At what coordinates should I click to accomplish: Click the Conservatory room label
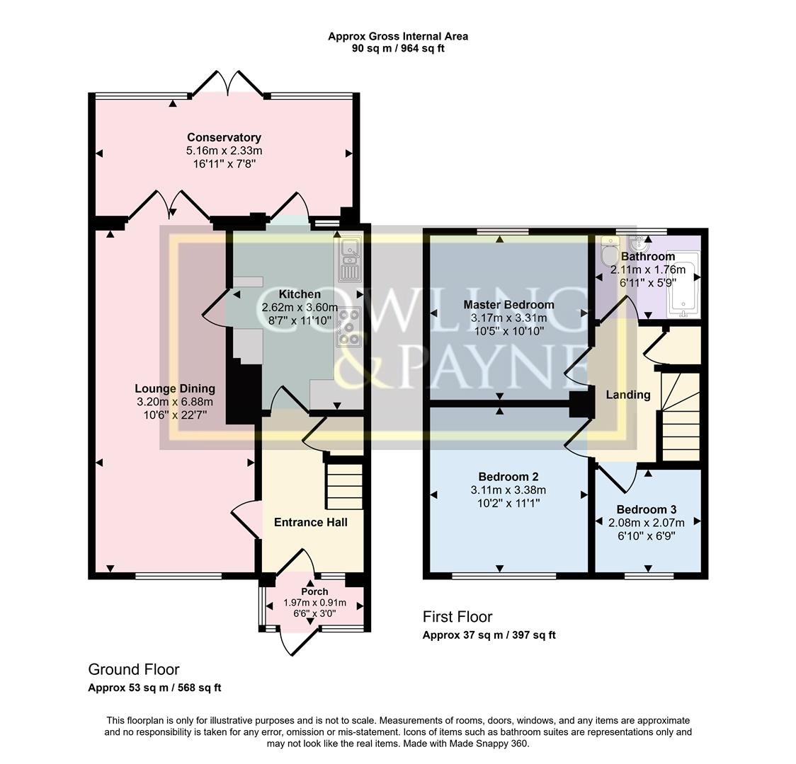click(x=224, y=137)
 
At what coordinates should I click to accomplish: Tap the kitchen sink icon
click(x=350, y=258)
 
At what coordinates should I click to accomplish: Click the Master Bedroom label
click(x=508, y=305)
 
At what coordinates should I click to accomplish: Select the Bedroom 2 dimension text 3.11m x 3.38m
click(x=508, y=490)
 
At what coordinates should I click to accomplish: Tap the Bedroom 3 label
click(x=646, y=509)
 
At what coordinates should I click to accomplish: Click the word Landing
click(x=627, y=395)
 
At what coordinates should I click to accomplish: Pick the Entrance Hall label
click(x=310, y=523)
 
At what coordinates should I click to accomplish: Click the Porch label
click(x=314, y=591)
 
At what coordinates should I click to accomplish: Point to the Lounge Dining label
click(x=175, y=388)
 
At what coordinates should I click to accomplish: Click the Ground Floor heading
click(x=134, y=669)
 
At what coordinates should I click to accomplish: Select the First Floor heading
click(x=457, y=617)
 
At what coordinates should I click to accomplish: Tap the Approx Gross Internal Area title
click(x=397, y=36)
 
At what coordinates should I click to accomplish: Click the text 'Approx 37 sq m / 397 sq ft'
click(x=489, y=635)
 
